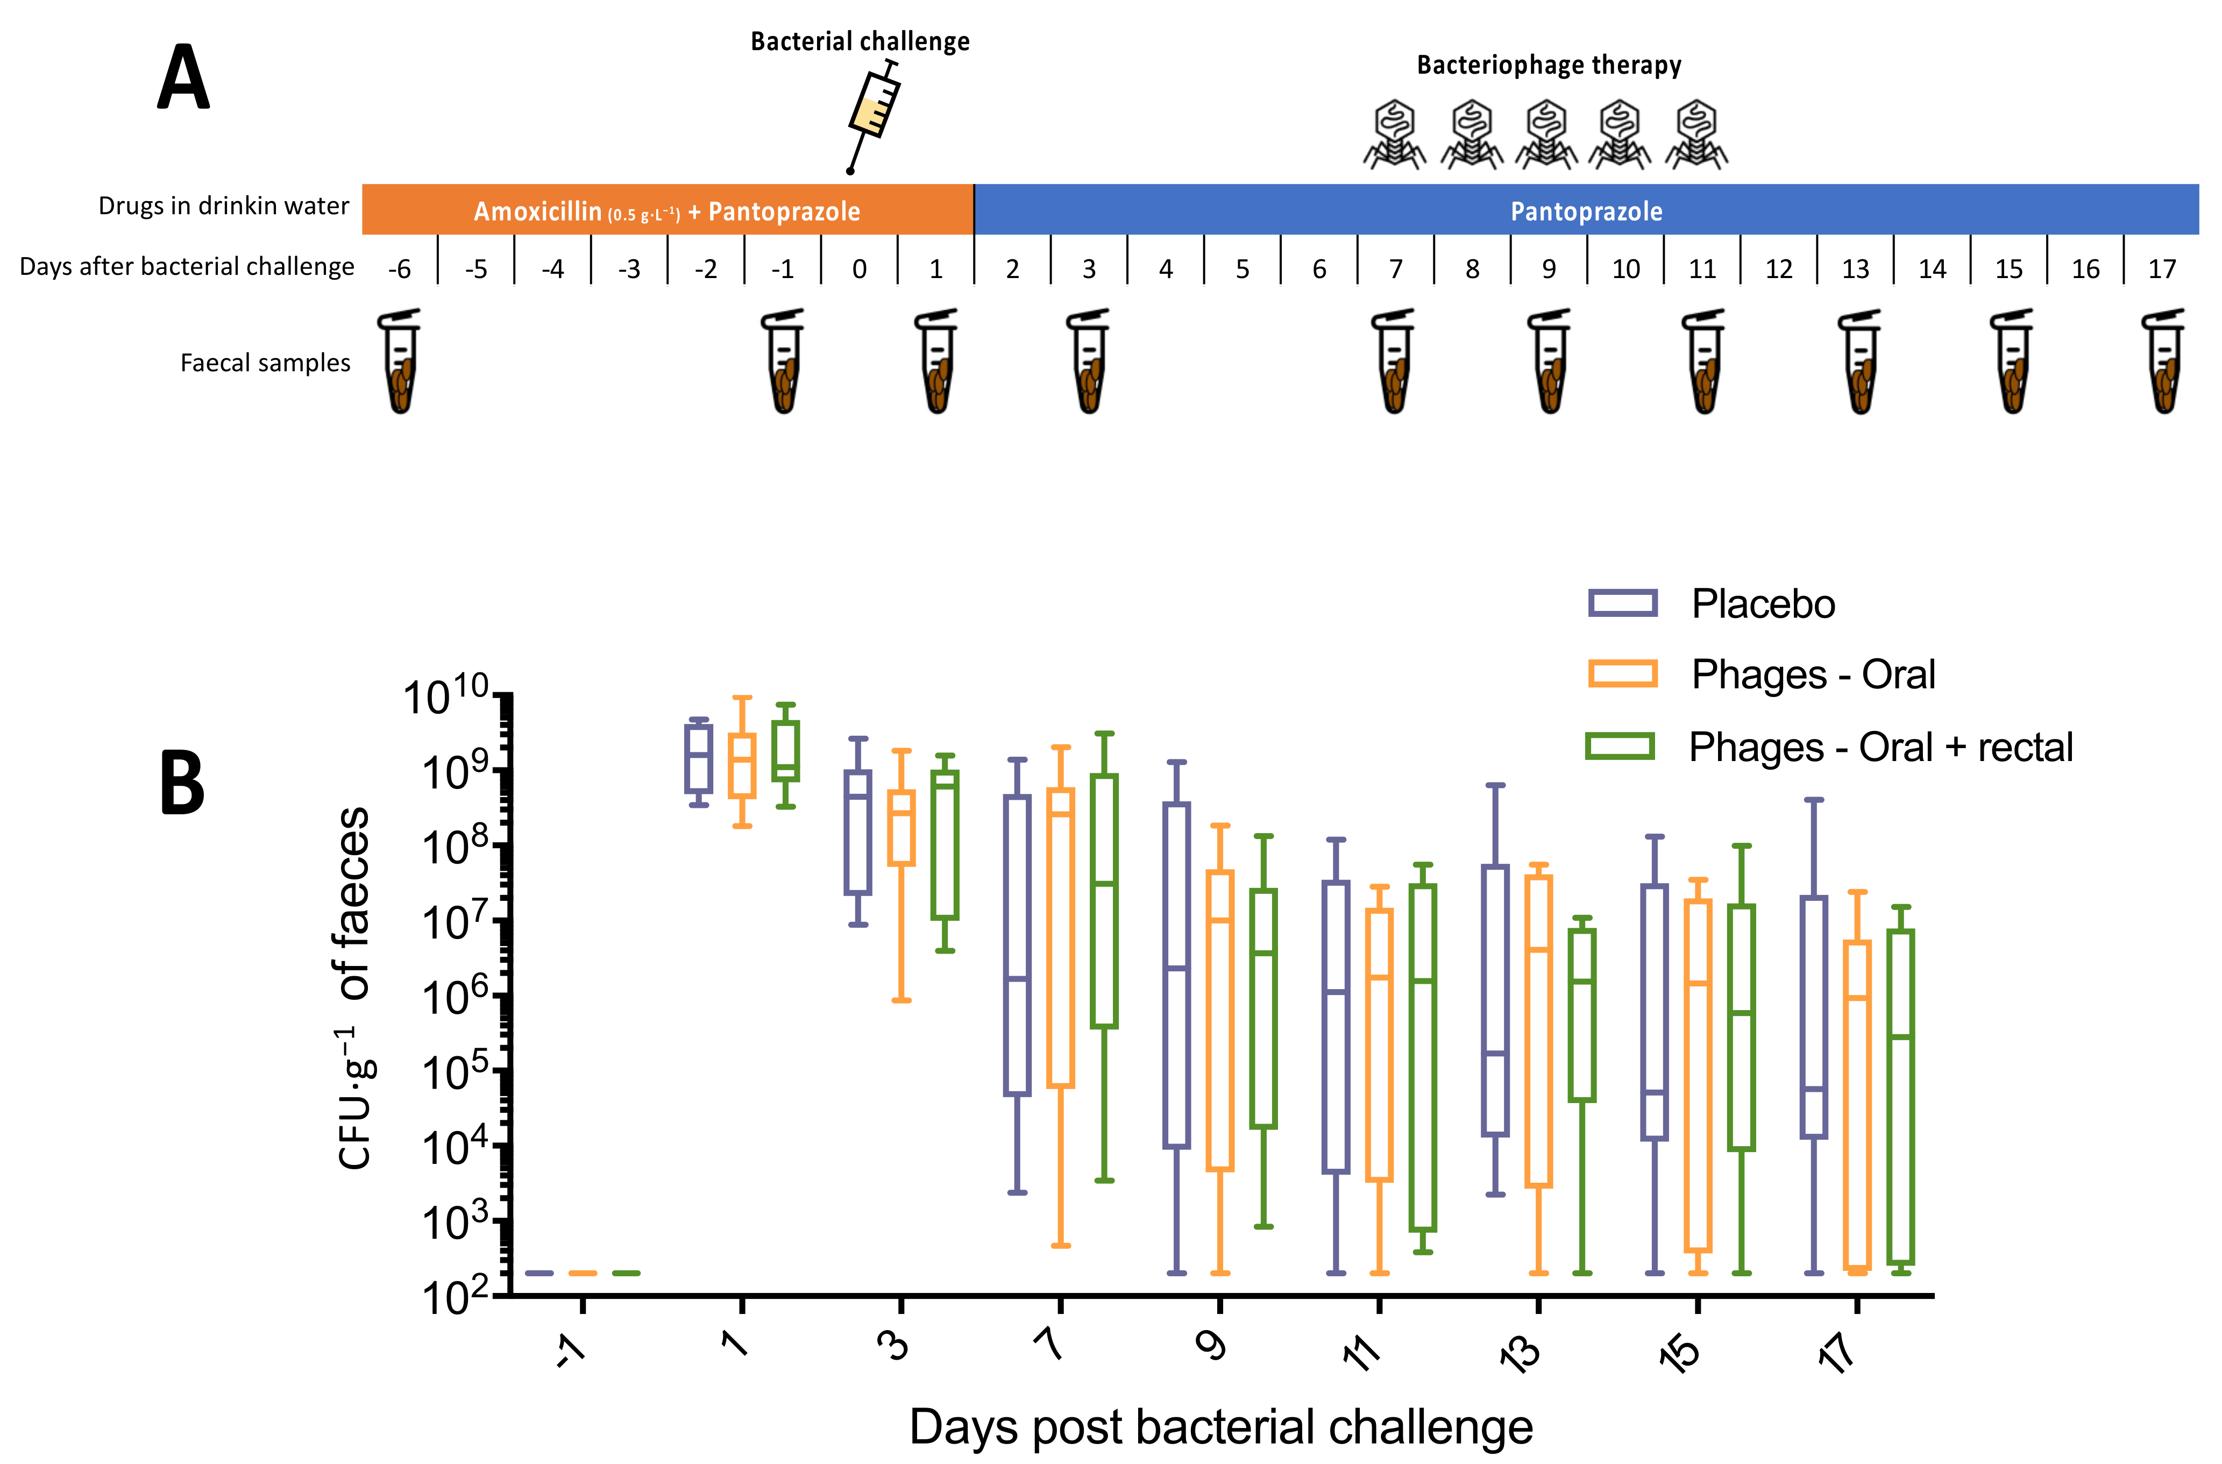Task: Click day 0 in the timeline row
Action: click(859, 269)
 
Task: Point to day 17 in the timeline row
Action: click(2162, 269)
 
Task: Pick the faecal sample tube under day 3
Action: click(1089, 363)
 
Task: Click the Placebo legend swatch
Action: click(1623, 603)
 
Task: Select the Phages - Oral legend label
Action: click(1813, 674)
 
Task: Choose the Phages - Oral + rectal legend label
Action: click(1880, 747)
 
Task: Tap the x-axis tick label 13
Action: click(1522, 1352)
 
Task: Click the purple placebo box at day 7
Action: click(1017, 945)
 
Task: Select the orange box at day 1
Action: click(742, 765)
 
